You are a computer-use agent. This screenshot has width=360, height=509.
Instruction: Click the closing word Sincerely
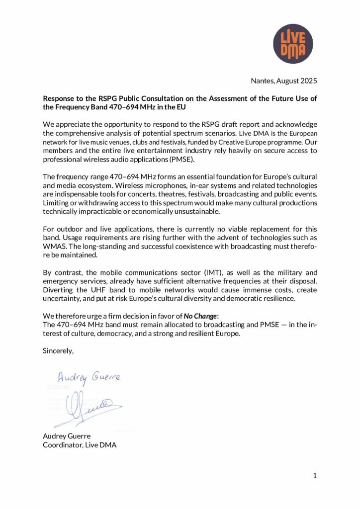[x=58, y=351]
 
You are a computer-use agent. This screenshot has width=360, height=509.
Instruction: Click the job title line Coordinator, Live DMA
[x=80, y=445]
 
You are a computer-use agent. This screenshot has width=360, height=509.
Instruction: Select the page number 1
[x=315, y=476]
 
